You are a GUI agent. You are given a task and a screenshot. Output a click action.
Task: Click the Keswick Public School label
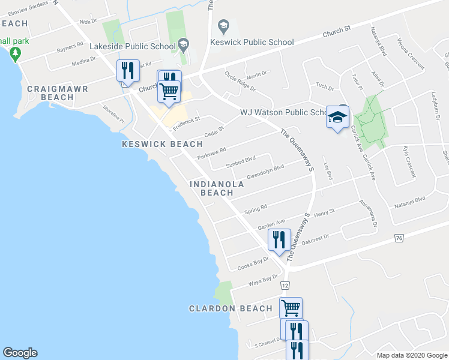coord(252,42)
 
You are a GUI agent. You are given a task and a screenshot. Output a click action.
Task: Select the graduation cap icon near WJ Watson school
coord(337,116)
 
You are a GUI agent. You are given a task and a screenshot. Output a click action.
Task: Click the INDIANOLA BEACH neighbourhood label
coord(217,188)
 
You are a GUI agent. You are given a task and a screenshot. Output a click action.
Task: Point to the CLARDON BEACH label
coord(231,308)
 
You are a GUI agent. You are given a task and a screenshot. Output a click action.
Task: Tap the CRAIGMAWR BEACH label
coord(58,93)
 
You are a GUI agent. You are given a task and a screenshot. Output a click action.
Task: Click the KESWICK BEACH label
coord(162,144)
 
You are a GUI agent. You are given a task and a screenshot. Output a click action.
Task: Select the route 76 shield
coord(399,238)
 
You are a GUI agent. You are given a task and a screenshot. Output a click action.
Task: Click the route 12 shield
coord(285,285)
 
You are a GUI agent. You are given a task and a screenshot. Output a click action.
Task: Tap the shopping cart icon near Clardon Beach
coord(291,308)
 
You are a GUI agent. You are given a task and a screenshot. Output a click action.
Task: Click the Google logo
coord(20,353)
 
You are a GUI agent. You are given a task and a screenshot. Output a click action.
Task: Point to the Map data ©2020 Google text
coord(411,355)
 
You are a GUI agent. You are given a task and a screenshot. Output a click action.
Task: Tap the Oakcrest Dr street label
coord(316,238)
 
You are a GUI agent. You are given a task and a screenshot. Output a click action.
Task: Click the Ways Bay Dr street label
coord(264,280)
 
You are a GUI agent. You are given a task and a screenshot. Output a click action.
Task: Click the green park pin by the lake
coord(15,54)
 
